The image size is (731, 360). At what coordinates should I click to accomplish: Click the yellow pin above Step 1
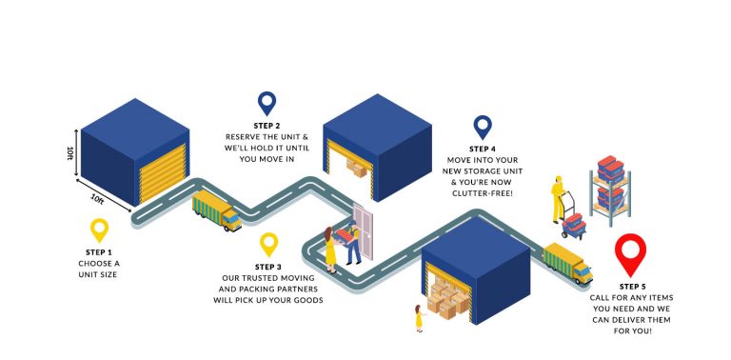[99, 229]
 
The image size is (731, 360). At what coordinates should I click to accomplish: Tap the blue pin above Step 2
[267, 103]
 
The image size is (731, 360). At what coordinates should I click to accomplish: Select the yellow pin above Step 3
[268, 244]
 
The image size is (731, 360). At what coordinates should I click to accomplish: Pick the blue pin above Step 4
[483, 127]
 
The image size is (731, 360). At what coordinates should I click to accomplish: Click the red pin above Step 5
[630, 254]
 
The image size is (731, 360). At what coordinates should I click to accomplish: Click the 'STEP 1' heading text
[99, 251]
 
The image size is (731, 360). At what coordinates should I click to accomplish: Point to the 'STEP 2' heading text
[267, 126]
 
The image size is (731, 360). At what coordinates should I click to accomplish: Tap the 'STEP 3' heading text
[268, 267]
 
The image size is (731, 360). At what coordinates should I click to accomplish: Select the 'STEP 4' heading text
[483, 149]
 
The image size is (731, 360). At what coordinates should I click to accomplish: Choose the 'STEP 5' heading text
[631, 286]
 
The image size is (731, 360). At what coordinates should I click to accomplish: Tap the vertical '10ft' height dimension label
[69, 152]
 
